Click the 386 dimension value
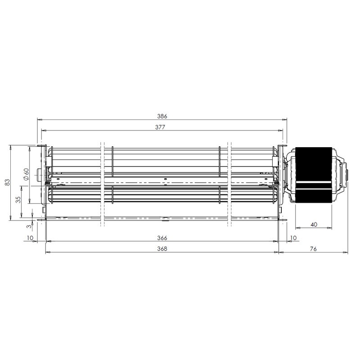click(162, 116)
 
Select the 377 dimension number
click(160, 127)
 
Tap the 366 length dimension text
click(162, 238)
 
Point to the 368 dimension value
click(162, 249)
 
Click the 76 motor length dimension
click(313, 249)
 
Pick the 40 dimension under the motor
click(314, 224)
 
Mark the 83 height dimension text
click(8, 182)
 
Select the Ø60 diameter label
click(26, 174)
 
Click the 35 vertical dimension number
click(18, 199)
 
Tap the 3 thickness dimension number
click(29, 226)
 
